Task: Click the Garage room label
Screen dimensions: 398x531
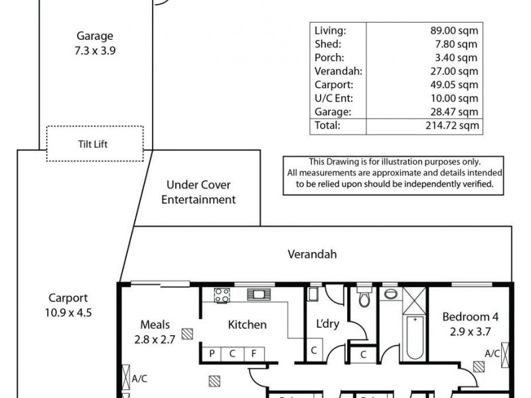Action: point(94,36)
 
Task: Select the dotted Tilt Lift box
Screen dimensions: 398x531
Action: point(94,143)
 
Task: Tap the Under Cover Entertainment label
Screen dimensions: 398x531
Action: point(198,192)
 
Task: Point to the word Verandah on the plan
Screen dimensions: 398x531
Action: point(312,254)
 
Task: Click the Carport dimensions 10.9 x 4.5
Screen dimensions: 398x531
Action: point(68,311)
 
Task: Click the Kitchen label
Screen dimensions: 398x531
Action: point(247,324)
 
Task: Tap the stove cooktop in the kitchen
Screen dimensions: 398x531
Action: point(221,294)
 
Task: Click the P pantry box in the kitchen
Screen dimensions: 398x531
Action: point(212,354)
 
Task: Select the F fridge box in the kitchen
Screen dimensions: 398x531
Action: point(254,354)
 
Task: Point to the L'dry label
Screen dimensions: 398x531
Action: point(328,324)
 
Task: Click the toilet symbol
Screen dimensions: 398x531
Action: point(362,298)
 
